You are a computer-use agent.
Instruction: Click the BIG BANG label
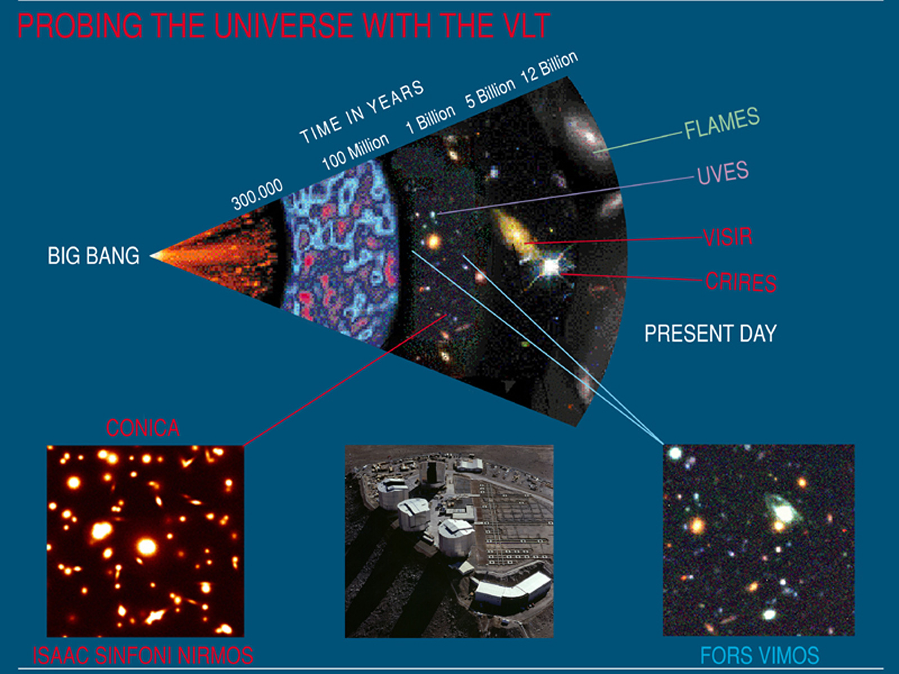(93, 256)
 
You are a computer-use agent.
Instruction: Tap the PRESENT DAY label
(711, 333)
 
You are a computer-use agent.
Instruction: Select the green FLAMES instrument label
(722, 123)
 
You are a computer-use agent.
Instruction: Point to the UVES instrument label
(723, 172)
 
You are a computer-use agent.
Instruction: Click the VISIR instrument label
(728, 237)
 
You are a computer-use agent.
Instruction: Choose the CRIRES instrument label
(741, 283)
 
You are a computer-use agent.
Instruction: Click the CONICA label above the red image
(143, 428)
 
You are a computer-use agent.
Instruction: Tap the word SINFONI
(132, 655)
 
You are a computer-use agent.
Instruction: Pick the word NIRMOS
(215, 655)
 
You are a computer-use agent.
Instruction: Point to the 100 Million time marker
(355, 152)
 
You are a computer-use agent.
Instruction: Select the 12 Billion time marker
(549, 67)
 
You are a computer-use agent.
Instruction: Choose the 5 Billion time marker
(490, 94)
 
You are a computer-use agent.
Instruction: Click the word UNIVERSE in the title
(283, 26)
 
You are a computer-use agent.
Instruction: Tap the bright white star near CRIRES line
(551, 266)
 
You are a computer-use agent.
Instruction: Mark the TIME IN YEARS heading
(362, 111)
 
